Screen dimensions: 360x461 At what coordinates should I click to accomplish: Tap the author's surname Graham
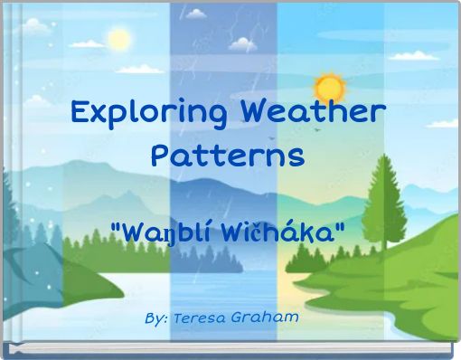coord(267,319)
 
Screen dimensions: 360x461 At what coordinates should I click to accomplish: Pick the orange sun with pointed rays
coord(329,87)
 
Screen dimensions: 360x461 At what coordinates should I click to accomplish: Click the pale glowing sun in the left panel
coord(118,41)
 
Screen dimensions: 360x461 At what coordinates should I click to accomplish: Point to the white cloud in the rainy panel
coord(242,41)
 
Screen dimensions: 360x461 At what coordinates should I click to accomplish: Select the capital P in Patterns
coord(160,156)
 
